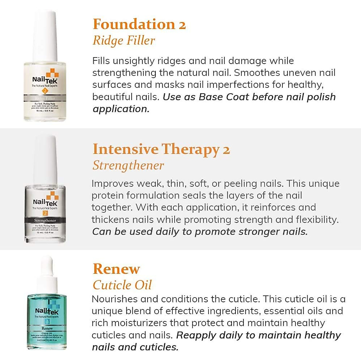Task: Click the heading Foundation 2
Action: pyautogui.click(x=139, y=24)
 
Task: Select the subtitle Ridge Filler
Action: pyautogui.click(x=124, y=40)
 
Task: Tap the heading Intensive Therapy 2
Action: pyautogui.click(x=161, y=149)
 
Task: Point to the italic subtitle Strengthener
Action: pyautogui.click(x=128, y=165)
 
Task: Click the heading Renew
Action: pyautogui.click(x=116, y=269)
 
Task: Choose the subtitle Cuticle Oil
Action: pyautogui.click(x=122, y=285)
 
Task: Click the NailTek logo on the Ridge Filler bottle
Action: pyautogui.click(x=45, y=79)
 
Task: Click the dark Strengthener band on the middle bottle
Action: pyautogui.click(x=45, y=221)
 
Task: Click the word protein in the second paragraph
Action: pyautogui.click(x=108, y=196)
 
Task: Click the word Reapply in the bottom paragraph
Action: pyautogui.click(x=196, y=335)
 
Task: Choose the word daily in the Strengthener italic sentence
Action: pyautogui.click(x=165, y=232)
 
